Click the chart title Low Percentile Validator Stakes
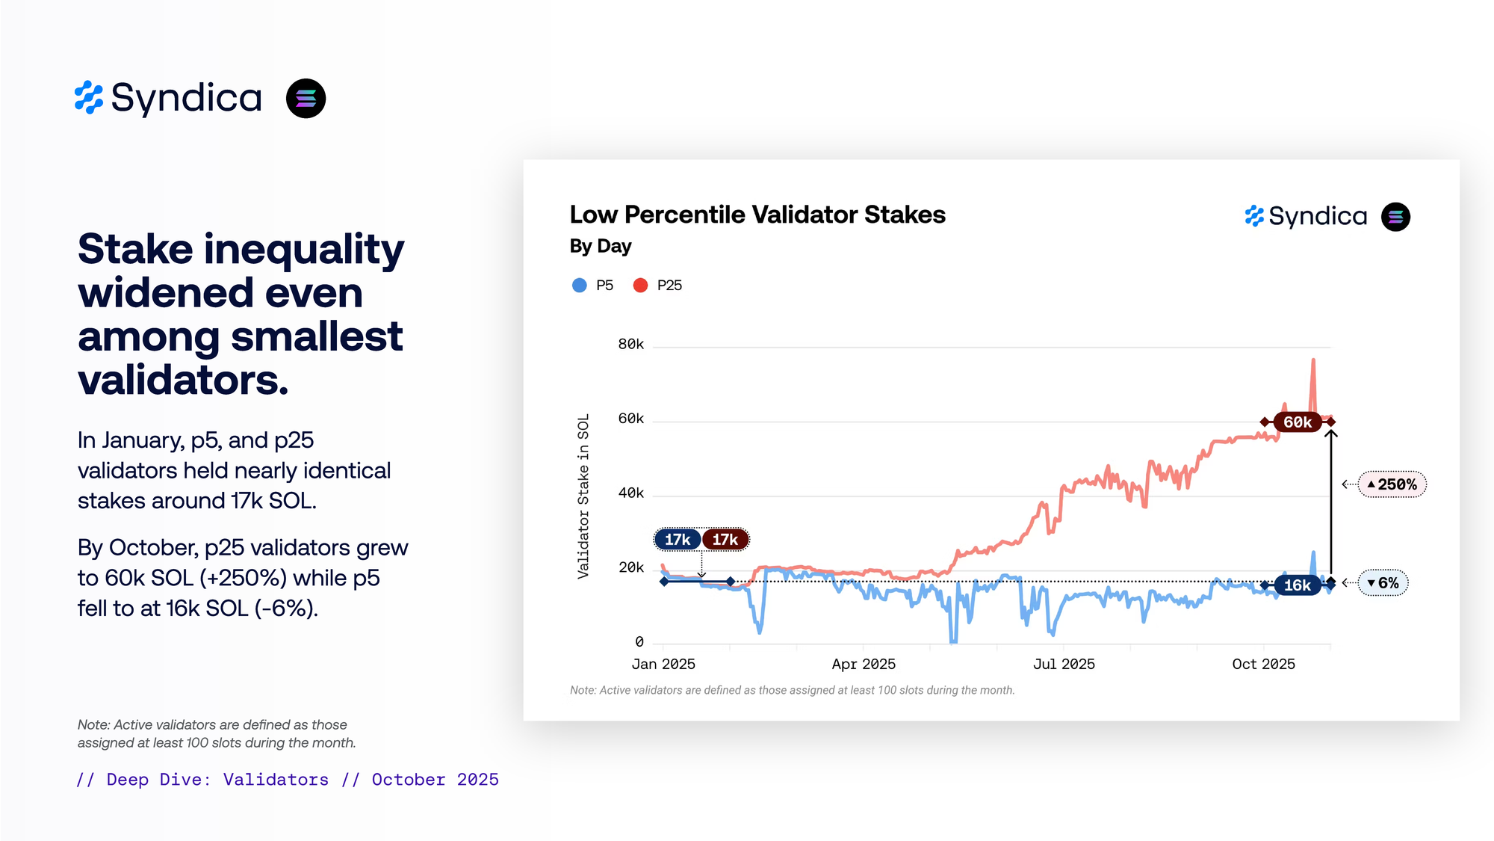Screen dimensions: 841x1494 tap(757, 215)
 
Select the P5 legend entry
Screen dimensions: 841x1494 tap(593, 286)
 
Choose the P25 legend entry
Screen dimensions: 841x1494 tap(657, 286)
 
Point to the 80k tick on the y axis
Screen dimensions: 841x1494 tap(630, 345)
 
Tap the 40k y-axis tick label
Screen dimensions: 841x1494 tap(630, 493)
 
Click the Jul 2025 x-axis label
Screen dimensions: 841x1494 tap(1064, 664)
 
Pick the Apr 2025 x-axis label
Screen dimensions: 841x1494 tap(864, 664)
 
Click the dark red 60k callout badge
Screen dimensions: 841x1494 tap(1298, 422)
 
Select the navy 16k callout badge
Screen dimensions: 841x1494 tap(1298, 585)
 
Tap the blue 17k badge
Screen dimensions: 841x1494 tap(678, 540)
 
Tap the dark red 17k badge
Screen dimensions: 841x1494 tap(725, 540)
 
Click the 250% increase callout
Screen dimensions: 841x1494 tap(1392, 484)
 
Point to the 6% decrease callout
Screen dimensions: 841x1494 tap(1383, 583)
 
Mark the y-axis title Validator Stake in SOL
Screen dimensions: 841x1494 tap(583, 496)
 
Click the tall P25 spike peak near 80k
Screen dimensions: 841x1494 tap(1313, 361)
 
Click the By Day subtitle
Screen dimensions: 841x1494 tap(601, 246)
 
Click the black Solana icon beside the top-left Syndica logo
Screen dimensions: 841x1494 tap(306, 99)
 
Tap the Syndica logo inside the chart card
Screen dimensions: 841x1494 tap(1307, 217)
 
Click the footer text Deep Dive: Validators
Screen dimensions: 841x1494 tap(217, 780)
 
